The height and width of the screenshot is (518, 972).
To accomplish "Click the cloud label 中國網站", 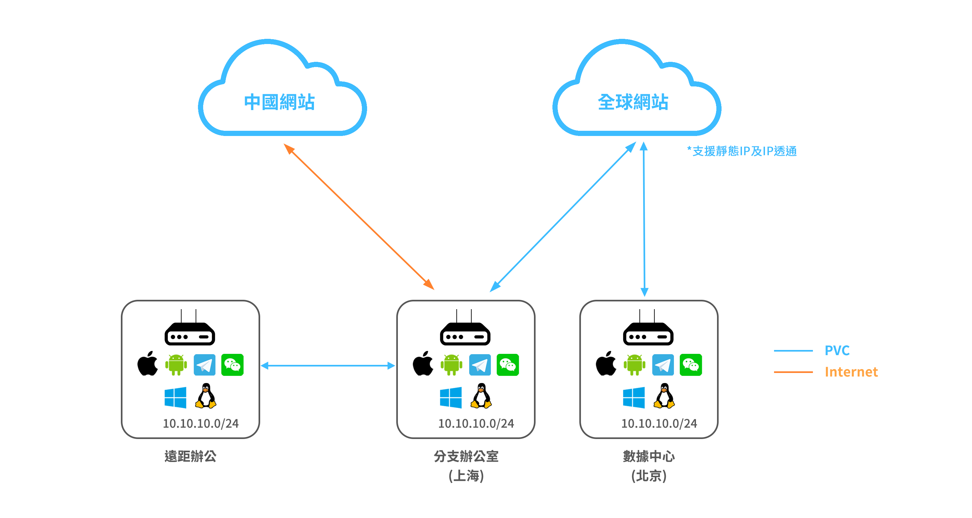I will pyautogui.click(x=279, y=102).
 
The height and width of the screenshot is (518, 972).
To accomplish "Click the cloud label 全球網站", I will pyautogui.click(x=633, y=102).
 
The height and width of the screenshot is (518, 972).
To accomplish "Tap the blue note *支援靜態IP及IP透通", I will pyautogui.click(x=741, y=151).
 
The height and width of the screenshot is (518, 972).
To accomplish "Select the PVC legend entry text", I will pyautogui.click(x=837, y=351).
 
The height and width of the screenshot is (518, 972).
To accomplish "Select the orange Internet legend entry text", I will pyautogui.click(x=851, y=372).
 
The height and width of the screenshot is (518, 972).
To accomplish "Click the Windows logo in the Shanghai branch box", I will pyautogui.click(x=451, y=397).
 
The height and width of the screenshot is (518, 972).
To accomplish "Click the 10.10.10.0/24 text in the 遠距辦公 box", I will pyautogui.click(x=200, y=423).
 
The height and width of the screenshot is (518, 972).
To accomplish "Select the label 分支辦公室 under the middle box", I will pyautogui.click(x=466, y=456).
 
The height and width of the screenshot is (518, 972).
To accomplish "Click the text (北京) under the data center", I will pyautogui.click(x=649, y=476).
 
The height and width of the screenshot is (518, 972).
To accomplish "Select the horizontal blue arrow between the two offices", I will pyautogui.click(x=328, y=365).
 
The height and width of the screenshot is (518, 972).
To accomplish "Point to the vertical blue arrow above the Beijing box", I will pyautogui.click(x=644, y=219).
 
